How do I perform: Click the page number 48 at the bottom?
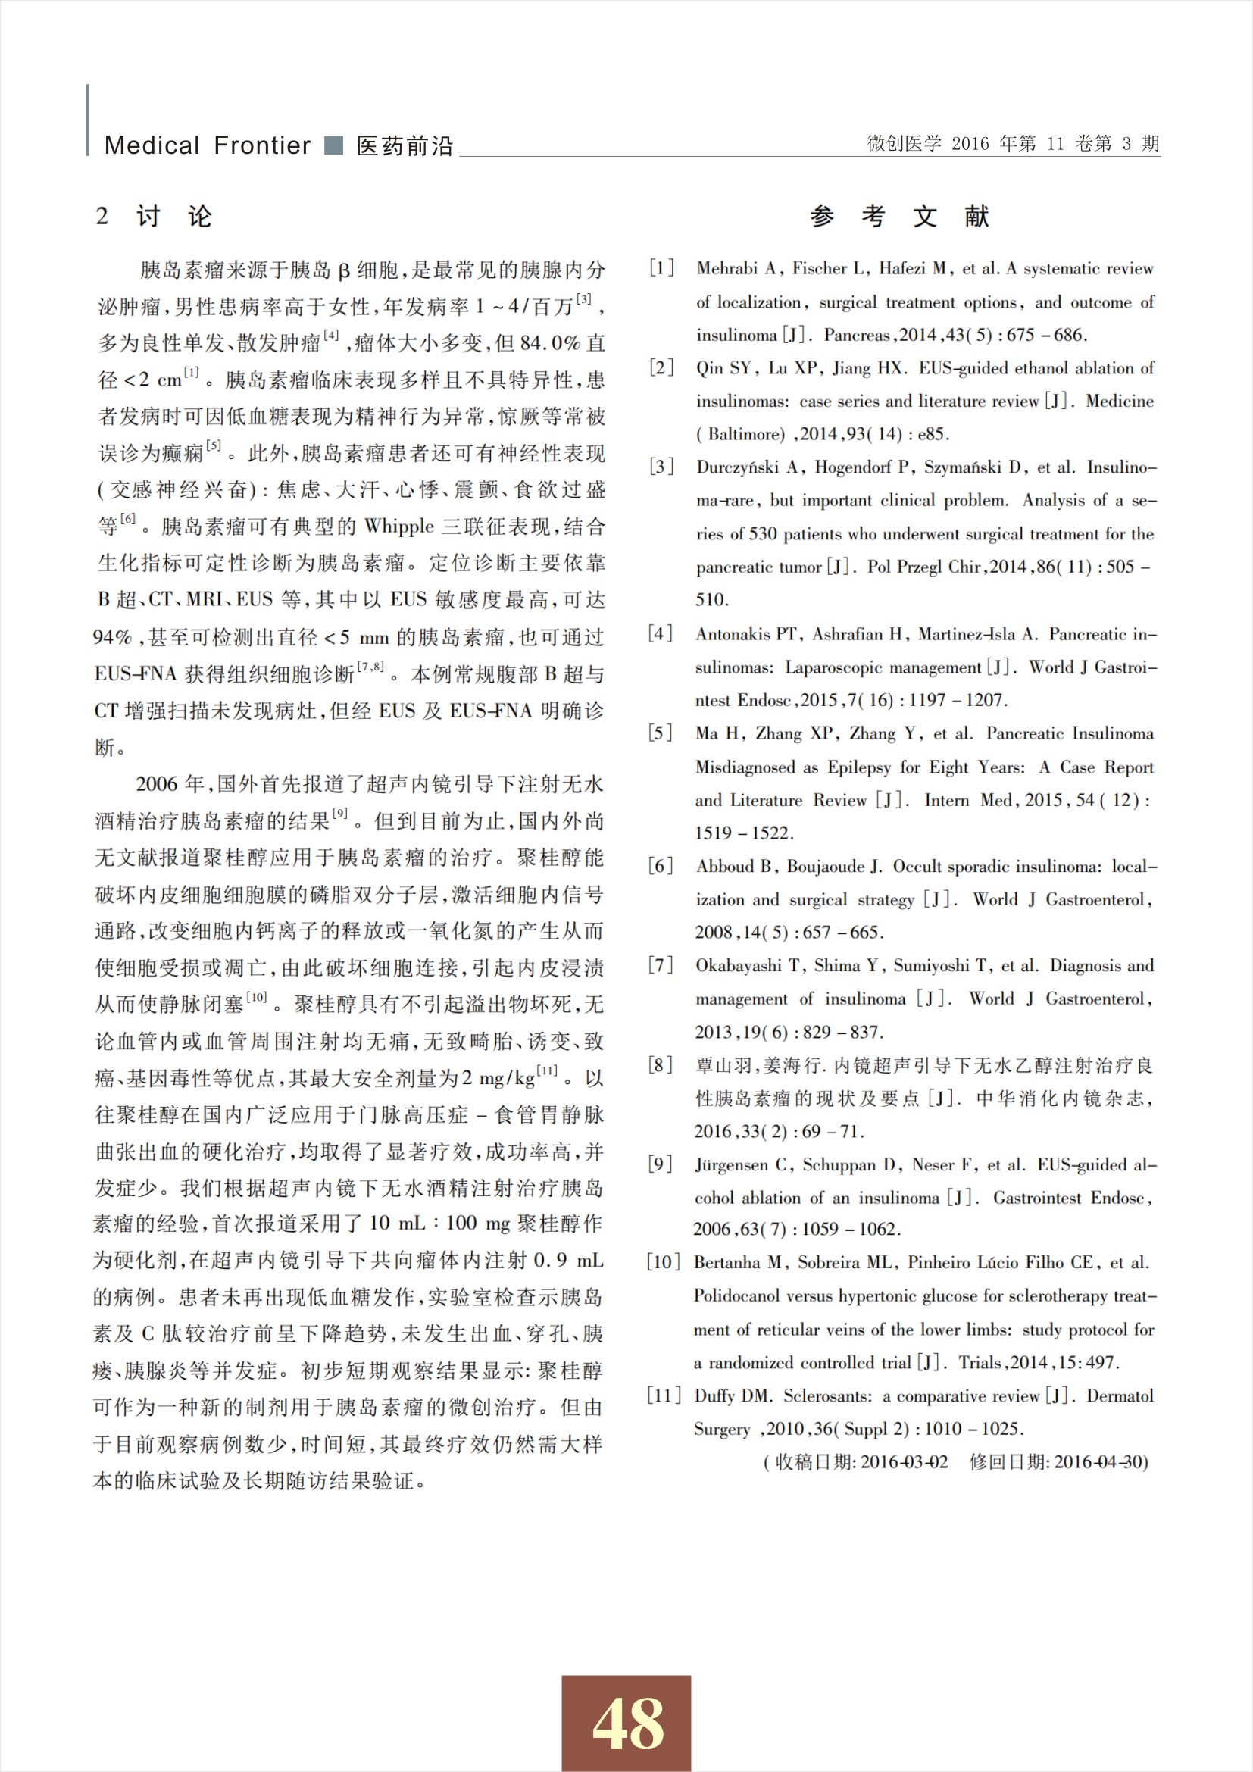coord(626,1724)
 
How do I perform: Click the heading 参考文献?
coord(900,216)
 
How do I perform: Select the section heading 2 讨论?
coord(154,216)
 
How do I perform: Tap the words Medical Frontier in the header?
coord(207,145)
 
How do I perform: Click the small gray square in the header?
coord(333,145)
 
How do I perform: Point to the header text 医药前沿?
coord(405,146)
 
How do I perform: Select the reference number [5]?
coord(661,733)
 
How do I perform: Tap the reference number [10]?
coord(663,1263)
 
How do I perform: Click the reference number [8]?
coord(661,1065)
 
